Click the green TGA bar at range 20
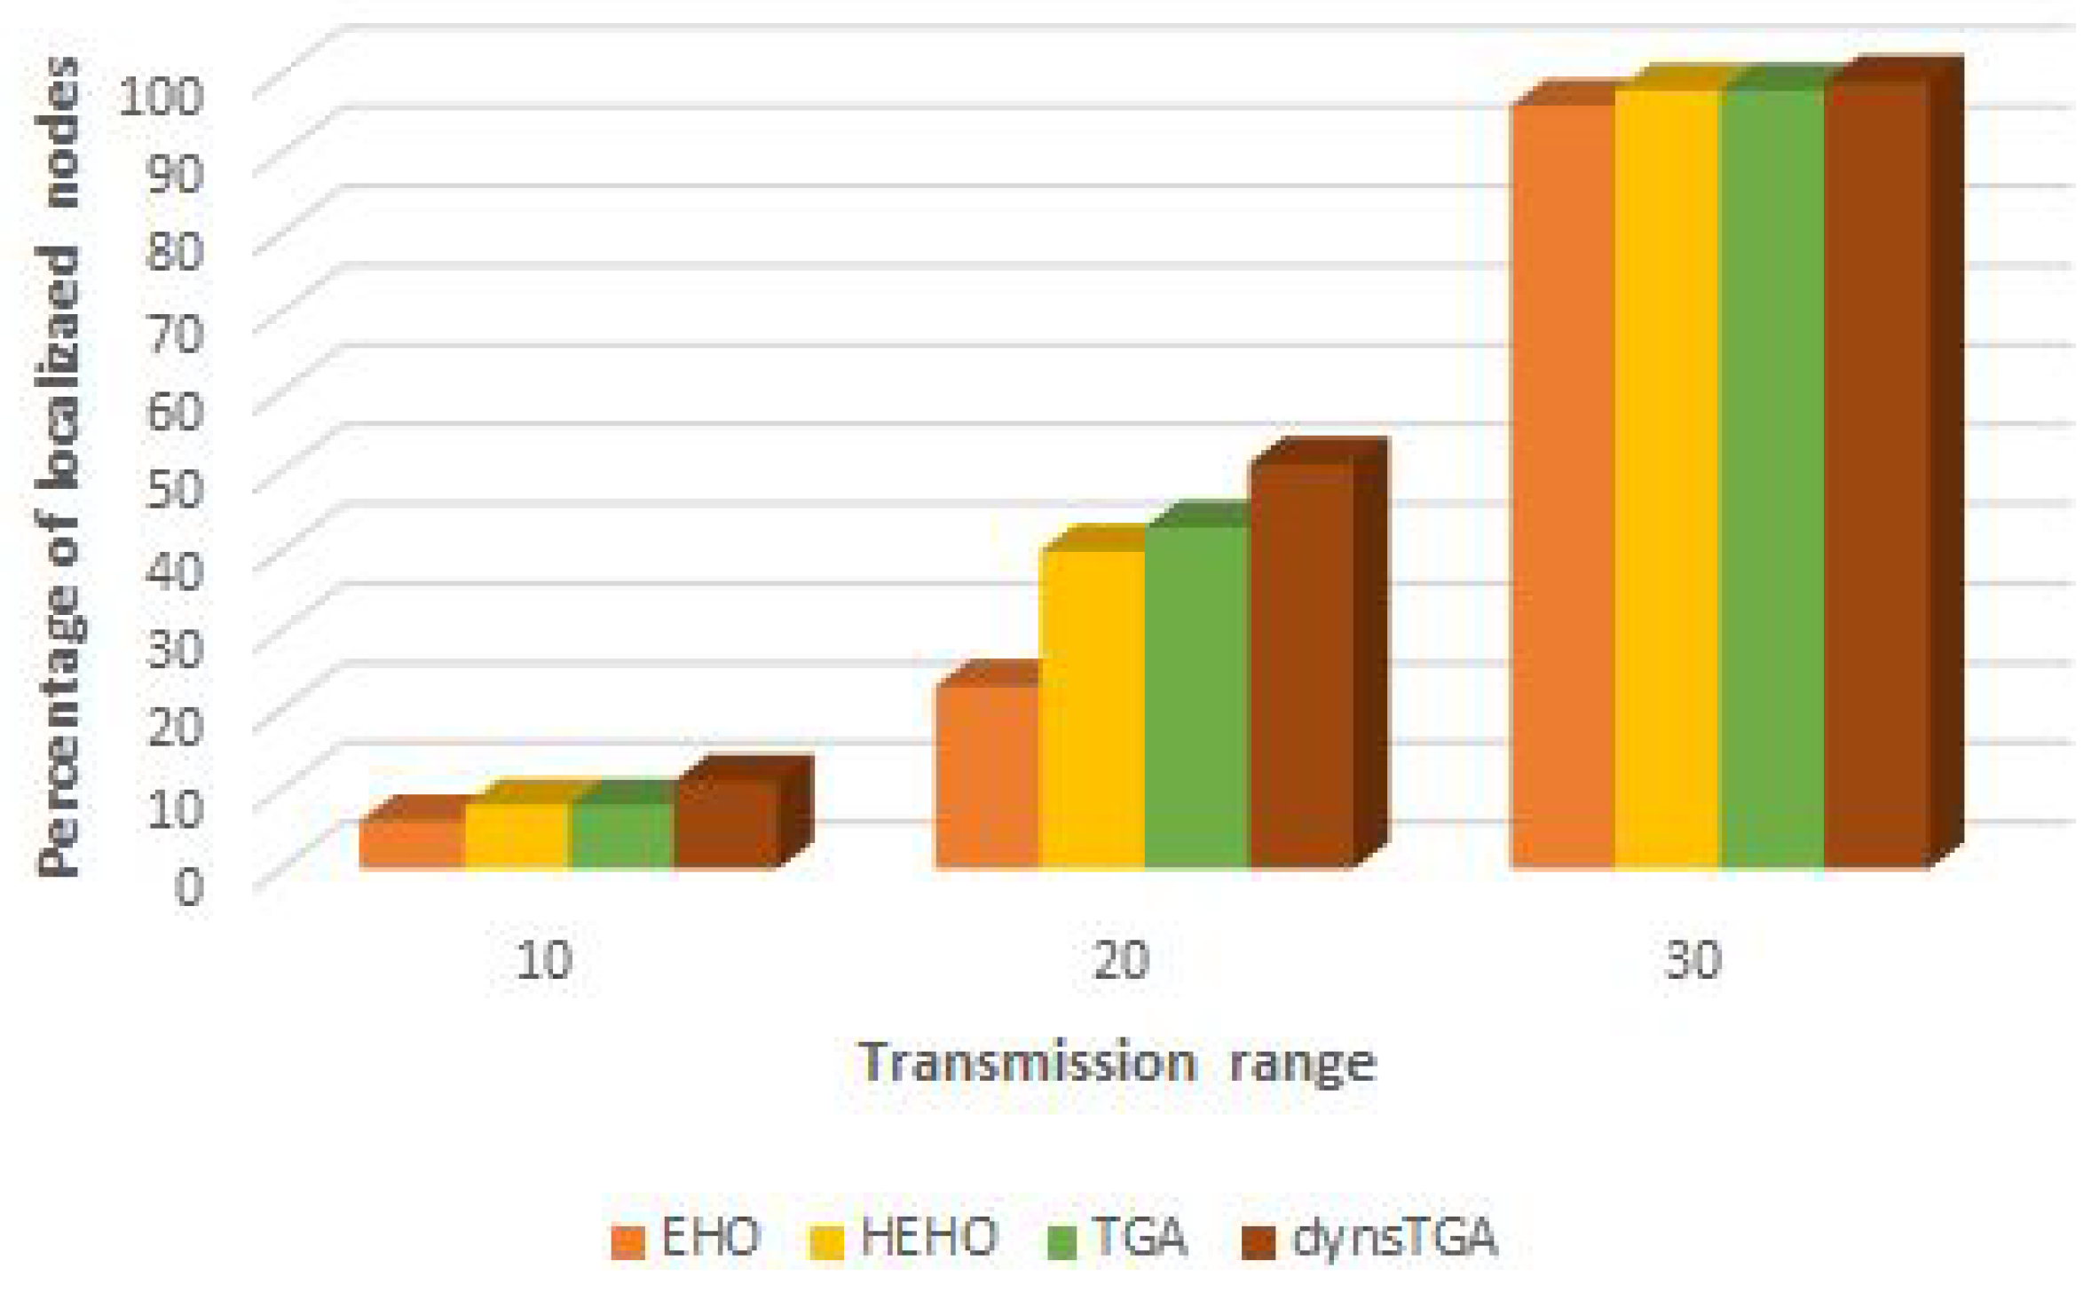pyautogui.click(x=1197, y=697)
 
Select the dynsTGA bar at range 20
pyautogui.click(x=1302, y=666)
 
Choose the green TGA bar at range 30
pyautogui.click(x=1772, y=479)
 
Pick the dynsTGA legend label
pyautogui.click(x=1371, y=1238)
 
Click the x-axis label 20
pyautogui.click(x=1120, y=959)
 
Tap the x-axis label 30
pyautogui.click(x=1693, y=959)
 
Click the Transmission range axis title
pyautogui.click(x=1117, y=1062)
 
